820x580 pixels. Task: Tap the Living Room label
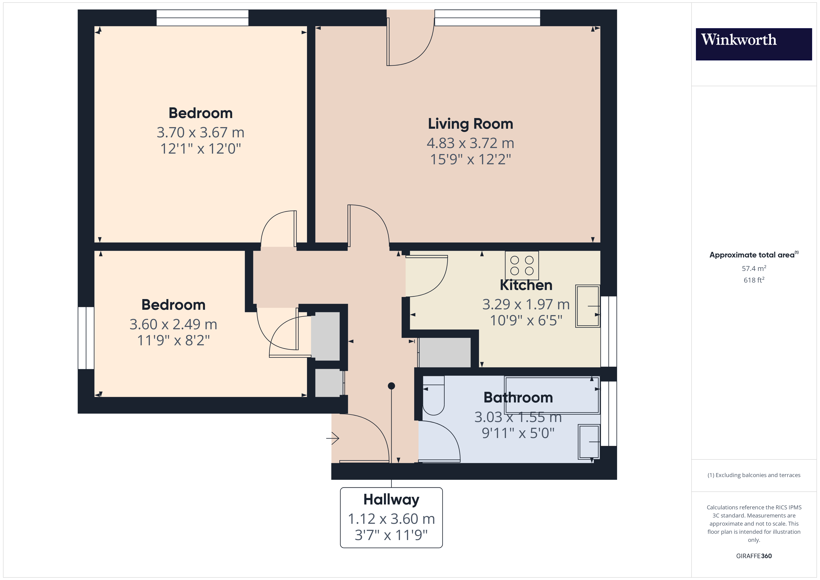click(470, 124)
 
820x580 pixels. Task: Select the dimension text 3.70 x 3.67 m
click(200, 132)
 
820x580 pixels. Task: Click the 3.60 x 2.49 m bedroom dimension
click(173, 324)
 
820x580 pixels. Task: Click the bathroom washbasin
click(589, 442)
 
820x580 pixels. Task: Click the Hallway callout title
click(391, 499)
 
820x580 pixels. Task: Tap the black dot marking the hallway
click(391, 386)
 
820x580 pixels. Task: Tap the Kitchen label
click(526, 285)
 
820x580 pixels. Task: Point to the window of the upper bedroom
click(202, 18)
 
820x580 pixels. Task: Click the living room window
click(487, 18)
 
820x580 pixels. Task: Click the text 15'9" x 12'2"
click(470, 159)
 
